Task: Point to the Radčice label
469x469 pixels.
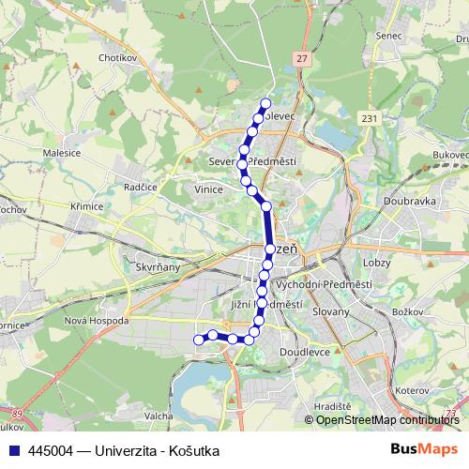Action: pyautogui.click(x=141, y=187)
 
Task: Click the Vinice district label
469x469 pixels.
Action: pyautogui.click(x=209, y=189)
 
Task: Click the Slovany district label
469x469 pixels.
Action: pyautogui.click(x=331, y=310)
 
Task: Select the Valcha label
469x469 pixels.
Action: pyautogui.click(x=158, y=416)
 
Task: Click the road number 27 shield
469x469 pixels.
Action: pyautogui.click(x=301, y=58)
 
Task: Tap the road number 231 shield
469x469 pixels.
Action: pyautogui.click(x=371, y=117)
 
